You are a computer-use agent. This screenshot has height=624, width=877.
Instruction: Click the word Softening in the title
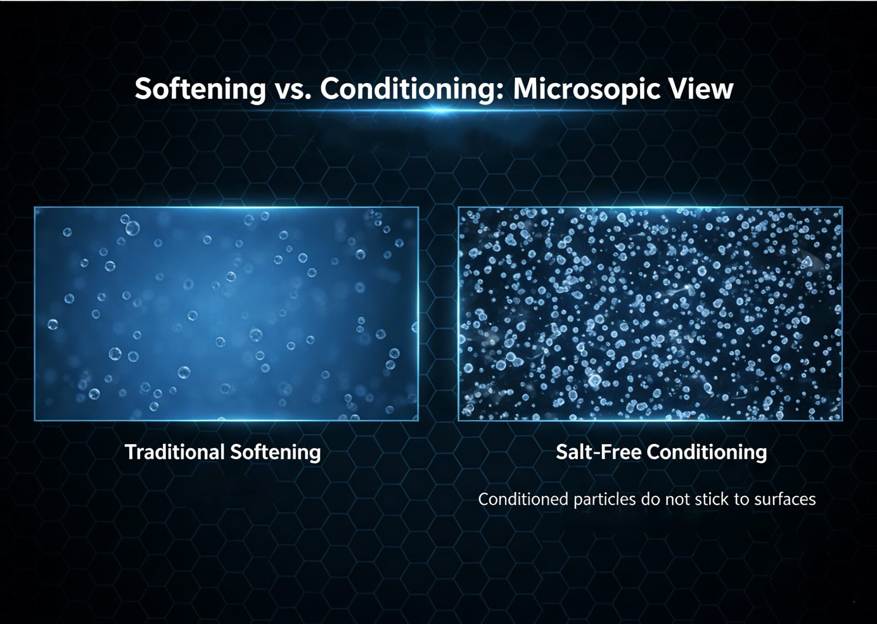(200, 89)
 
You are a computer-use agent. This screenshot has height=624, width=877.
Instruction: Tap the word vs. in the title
(293, 89)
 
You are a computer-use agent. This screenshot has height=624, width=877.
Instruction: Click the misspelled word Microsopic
(586, 89)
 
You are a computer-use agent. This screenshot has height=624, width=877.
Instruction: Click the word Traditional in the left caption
(175, 452)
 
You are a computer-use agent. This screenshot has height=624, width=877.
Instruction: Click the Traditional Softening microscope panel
(226, 314)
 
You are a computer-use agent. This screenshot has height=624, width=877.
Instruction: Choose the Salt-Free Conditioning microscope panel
(650, 314)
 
